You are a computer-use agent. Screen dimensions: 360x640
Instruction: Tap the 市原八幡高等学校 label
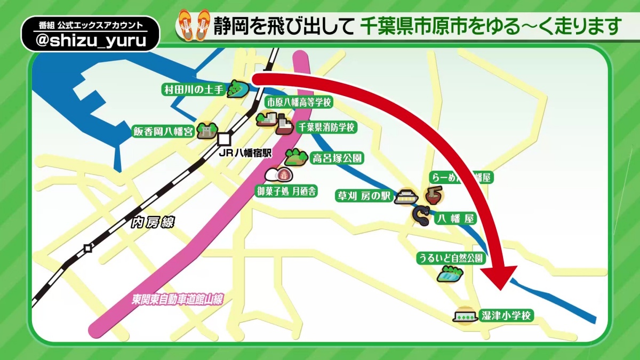[299, 102]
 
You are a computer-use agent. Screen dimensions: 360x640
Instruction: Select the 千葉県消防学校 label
[325, 127]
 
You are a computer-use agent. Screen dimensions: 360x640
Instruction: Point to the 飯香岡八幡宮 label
[163, 131]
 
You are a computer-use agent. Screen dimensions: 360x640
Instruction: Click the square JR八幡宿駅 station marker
[224, 139]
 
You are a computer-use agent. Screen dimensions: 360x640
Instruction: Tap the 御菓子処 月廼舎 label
[286, 190]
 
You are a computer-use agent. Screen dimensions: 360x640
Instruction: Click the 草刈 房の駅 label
[363, 196]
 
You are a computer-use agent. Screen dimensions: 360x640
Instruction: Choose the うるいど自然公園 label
[451, 258]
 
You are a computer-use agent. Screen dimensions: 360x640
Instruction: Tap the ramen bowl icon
[432, 195]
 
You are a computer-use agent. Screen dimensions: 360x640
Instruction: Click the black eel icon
[421, 215]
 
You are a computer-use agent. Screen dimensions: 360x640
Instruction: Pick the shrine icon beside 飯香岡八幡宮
[206, 131]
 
